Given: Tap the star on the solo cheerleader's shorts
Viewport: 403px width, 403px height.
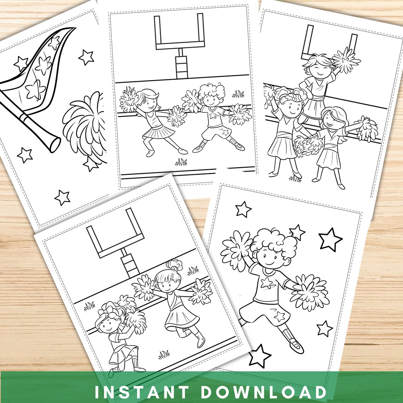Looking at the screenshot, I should coord(280,316).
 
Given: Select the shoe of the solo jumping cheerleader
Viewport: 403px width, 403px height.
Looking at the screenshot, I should coord(296,346).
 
